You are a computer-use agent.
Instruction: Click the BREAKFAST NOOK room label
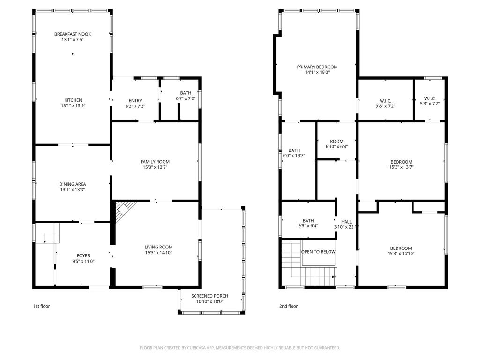point(73,34)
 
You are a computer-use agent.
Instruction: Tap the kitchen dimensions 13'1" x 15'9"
point(73,106)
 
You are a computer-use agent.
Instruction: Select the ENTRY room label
point(135,101)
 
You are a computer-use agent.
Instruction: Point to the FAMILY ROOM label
point(155,162)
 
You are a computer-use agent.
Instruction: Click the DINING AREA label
point(73,184)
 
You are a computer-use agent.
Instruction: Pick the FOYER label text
point(83,255)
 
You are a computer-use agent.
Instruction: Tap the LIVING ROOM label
point(158,247)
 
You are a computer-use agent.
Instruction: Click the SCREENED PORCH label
point(210,296)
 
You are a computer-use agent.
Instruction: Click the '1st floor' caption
point(41,306)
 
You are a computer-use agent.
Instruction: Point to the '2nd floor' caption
point(288,306)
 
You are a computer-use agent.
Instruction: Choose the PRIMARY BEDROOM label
point(317,67)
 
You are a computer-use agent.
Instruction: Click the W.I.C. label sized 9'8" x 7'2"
point(385,101)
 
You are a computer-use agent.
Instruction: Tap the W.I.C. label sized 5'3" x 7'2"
point(430,98)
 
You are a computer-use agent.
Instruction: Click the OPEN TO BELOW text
point(318,252)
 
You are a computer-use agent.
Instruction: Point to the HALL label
point(346,222)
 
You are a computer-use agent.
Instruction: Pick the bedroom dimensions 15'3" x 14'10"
point(401,254)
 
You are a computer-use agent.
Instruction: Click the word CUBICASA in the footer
point(198,348)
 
